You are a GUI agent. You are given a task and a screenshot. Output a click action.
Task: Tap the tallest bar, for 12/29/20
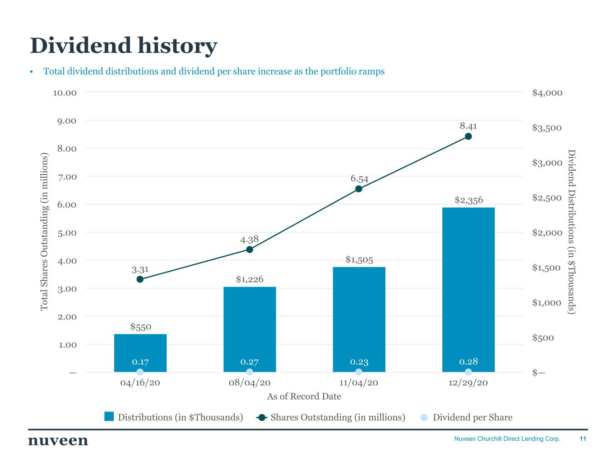pyautogui.click(x=468, y=289)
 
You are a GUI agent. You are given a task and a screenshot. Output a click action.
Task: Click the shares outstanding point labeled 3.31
pyautogui.click(x=140, y=279)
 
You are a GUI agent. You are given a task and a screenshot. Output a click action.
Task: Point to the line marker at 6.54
pyautogui.click(x=359, y=189)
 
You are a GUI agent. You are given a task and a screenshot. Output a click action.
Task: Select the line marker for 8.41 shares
pyautogui.click(x=468, y=136)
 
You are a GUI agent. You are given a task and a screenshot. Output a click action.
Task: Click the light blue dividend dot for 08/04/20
pyautogui.click(x=250, y=372)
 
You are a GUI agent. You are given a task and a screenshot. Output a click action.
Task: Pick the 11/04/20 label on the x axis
pyautogui.click(x=359, y=383)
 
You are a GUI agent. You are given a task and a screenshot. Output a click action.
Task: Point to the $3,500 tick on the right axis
pyautogui.click(x=547, y=128)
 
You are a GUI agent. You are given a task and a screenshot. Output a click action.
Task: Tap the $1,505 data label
pyautogui.click(x=359, y=259)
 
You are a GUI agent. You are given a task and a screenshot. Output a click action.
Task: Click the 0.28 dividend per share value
pyautogui.click(x=468, y=361)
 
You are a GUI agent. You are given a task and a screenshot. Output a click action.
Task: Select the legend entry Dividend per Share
pyautogui.click(x=472, y=417)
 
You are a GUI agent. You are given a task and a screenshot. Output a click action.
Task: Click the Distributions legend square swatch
pyautogui.click(x=109, y=417)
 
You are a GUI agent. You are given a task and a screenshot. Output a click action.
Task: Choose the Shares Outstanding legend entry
pyautogui.click(x=337, y=417)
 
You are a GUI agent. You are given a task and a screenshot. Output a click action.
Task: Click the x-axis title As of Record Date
pyautogui.click(x=304, y=397)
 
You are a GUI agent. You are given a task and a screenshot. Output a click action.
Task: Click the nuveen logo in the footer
pyautogui.click(x=58, y=440)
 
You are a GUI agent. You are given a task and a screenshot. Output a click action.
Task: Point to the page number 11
pyautogui.click(x=583, y=439)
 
